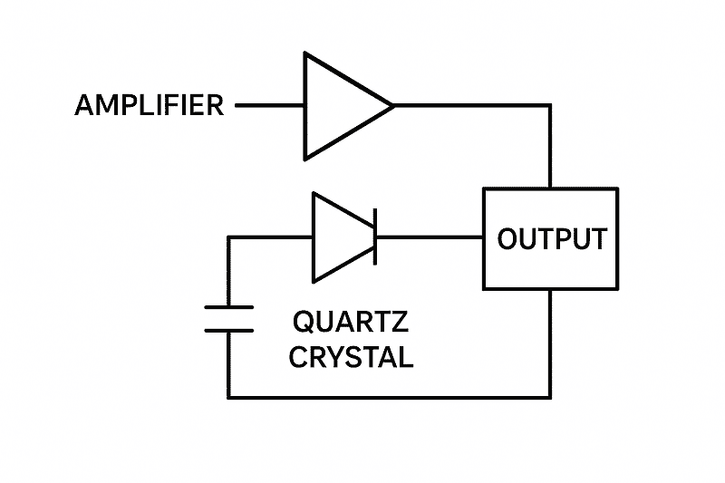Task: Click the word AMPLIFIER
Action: (149, 105)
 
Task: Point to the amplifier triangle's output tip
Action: (392, 106)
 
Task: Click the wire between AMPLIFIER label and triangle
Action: (270, 106)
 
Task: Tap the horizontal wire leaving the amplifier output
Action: (471, 106)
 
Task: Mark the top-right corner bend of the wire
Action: (550, 106)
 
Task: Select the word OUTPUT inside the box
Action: (551, 239)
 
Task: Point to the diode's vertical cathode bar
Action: (374, 237)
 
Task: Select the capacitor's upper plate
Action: (228, 308)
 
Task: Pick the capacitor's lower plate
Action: (228, 330)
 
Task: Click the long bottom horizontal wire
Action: (390, 397)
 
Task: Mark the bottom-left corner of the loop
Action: (228, 397)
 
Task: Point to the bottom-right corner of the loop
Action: (550, 397)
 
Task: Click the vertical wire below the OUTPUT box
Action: (550, 344)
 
